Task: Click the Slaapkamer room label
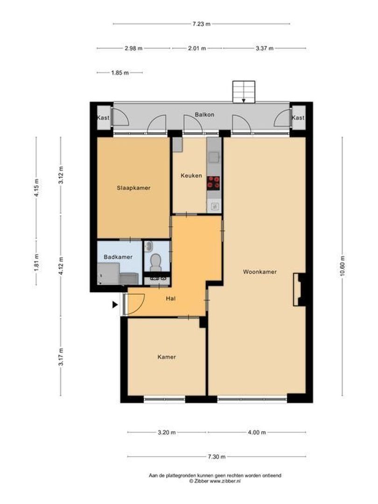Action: [133, 188]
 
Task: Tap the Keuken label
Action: [191, 176]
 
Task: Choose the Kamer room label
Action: [167, 357]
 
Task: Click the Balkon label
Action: [204, 114]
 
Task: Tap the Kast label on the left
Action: [103, 118]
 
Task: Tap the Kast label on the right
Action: [298, 118]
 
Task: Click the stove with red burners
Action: [214, 182]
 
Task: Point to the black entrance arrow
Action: [115, 305]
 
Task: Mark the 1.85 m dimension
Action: [119, 73]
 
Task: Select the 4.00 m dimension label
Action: [257, 433]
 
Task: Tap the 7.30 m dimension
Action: [217, 457]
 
